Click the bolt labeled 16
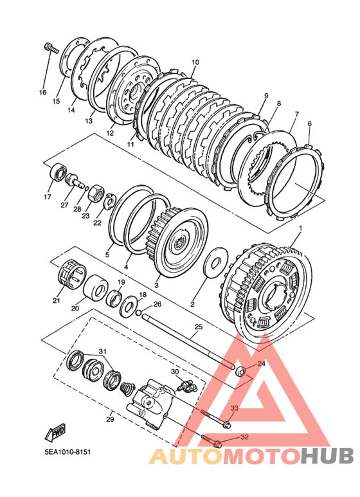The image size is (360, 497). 51,48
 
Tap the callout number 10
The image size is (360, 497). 195,62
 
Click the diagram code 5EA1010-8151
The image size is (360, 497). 67,451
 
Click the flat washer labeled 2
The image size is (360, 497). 216,262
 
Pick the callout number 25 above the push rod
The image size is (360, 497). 198,327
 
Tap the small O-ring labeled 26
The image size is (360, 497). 138,313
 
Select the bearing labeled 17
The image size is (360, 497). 59,172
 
